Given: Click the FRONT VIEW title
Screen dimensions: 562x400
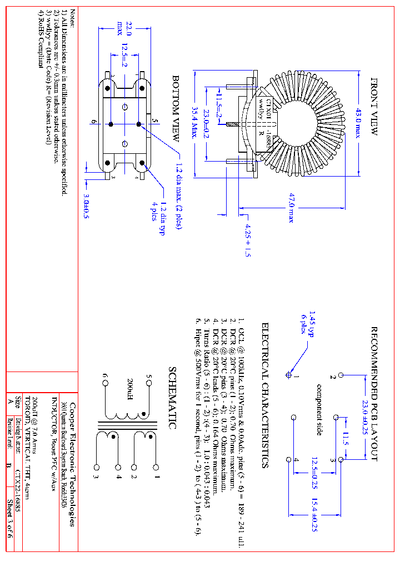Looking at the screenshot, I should [x=374, y=106].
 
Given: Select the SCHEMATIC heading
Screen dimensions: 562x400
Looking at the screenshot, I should [x=172, y=398].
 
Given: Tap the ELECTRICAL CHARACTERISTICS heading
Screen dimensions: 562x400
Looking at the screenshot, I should [x=265, y=395].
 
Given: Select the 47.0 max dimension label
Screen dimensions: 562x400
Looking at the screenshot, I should [x=291, y=207].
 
